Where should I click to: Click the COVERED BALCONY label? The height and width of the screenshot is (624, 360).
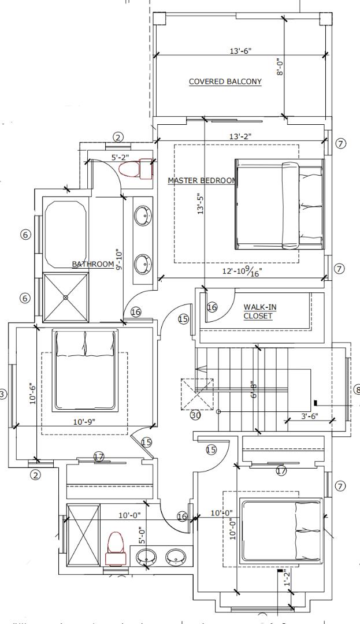click(x=225, y=82)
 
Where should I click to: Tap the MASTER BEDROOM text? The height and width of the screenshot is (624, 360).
click(x=202, y=180)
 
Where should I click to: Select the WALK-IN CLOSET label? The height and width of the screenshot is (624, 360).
click(x=258, y=312)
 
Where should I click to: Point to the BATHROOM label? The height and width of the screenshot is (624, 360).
click(x=93, y=264)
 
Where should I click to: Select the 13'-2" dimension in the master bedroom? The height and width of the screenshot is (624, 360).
click(x=240, y=136)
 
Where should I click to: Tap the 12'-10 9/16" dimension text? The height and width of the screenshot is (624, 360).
click(x=243, y=271)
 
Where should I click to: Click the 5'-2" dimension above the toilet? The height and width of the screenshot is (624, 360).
click(x=121, y=157)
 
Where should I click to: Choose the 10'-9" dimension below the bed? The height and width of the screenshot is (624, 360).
click(x=85, y=421)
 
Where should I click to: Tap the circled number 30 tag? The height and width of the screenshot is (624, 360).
click(x=195, y=414)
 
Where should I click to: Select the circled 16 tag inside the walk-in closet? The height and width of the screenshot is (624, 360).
click(x=212, y=308)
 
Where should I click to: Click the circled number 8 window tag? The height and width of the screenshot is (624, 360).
click(x=356, y=389)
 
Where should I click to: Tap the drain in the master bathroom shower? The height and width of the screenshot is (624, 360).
click(x=66, y=297)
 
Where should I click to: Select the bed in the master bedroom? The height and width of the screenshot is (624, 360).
click(x=280, y=205)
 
